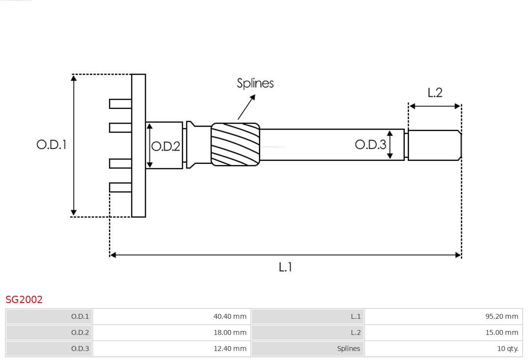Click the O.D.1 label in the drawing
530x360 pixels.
pos(52,145)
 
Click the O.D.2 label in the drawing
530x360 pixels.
pos(166,146)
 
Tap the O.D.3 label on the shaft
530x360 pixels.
pos(371,144)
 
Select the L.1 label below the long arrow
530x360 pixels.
pos(285,267)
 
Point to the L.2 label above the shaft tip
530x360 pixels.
pos(435,93)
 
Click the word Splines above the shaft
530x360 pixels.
pos(255,83)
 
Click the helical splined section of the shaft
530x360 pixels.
pos(236,144)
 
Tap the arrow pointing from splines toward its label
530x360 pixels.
pos(247,107)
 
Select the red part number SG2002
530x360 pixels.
pos(24,300)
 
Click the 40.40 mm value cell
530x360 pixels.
pos(172,316)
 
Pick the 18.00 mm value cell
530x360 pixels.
pos(172,333)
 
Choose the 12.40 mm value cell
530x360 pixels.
pos(172,349)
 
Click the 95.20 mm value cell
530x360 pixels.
pos(444,316)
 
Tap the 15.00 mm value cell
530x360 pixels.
pos(444,333)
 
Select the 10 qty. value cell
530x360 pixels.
pos(444,349)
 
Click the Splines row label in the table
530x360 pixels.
pos(308,349)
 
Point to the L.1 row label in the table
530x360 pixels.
pos(308,316)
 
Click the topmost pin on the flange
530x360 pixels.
pos(120,104)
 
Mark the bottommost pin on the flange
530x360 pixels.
pos(120,187)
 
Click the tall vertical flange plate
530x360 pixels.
pos(138,145)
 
